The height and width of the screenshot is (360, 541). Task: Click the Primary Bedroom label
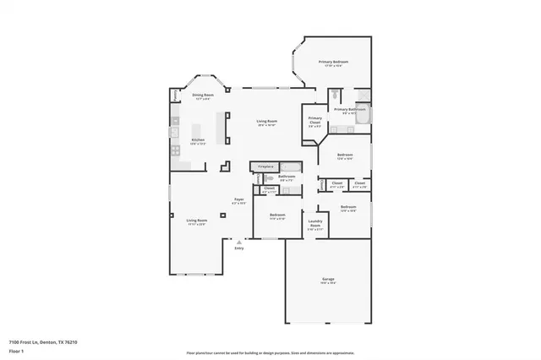[334, 63]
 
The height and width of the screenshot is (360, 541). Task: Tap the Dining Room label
[201, 95]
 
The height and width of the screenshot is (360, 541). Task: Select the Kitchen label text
[198, 139]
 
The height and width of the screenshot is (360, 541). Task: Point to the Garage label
[328, 280]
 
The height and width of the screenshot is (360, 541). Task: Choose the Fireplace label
[265, 166]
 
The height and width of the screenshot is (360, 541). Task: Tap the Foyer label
[239, 199]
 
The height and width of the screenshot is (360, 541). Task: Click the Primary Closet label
[314, 121]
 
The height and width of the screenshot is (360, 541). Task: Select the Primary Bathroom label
[349, 109]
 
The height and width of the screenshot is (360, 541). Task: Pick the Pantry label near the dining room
[175, 96]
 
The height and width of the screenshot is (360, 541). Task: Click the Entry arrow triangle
[239, 242]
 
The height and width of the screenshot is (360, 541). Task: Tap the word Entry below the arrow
[239, 248]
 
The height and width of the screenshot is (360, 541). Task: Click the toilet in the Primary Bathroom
[336, 95]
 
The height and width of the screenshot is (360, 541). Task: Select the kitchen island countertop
[222, 128]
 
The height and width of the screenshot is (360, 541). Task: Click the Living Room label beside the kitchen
[267, 122]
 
